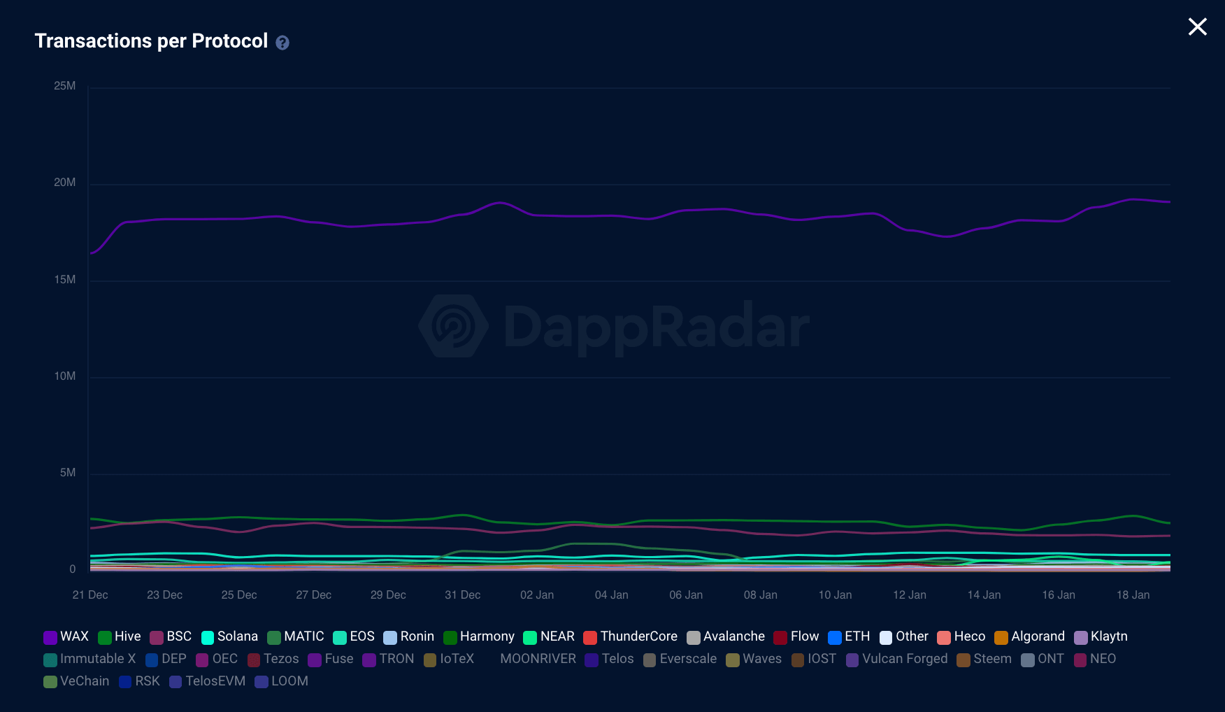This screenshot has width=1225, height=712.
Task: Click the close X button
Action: coord(1197,27)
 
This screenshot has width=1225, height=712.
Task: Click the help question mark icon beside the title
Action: coord(282,43)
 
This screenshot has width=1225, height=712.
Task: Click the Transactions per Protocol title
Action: coord(151,41)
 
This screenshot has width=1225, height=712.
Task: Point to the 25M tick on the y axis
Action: coord(64,86)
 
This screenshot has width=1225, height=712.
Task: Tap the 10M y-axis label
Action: coord(64,376)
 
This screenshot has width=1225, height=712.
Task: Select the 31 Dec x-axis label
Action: coord(462,595)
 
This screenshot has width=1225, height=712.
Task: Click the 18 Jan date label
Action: coord(1133,595)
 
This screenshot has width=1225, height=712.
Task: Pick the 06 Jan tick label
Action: coord(685,595)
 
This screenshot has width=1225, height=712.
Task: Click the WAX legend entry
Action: coord(66,636)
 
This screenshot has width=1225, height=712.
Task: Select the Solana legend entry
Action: coord(230,636)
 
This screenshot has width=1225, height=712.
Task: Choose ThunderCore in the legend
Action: coord(631,636)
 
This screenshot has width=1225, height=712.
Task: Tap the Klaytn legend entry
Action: coord(1101,636)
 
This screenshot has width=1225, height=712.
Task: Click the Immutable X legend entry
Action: coord(90,659)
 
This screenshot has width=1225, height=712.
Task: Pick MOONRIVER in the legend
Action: coord(538,659)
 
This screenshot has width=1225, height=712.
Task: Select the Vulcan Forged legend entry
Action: coord(897,659)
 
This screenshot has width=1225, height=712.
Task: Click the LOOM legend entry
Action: coord(282,681)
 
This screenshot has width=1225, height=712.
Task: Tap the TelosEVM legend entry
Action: coord(208,681)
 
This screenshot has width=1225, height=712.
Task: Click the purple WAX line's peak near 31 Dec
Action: coord(500,203)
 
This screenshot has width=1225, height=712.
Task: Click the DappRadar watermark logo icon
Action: coord(453,326)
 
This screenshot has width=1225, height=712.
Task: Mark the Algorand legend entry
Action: coord(1030,636)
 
